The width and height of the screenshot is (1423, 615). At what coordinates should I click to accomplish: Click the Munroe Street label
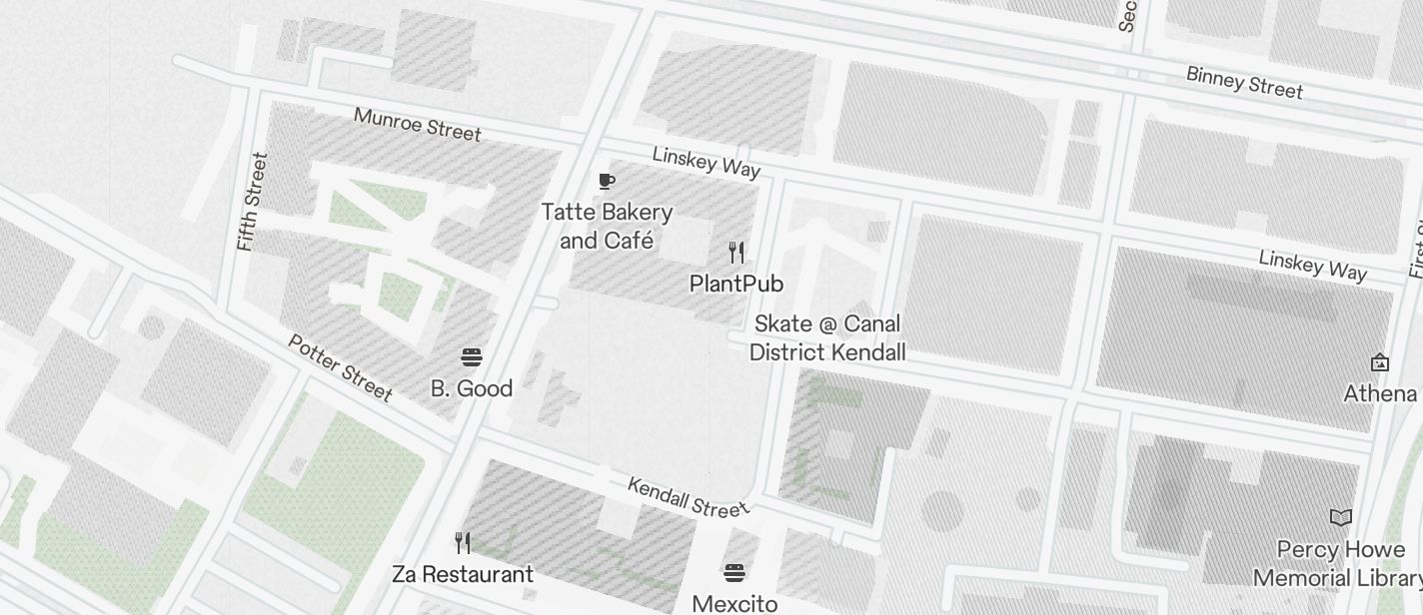click(417, 124)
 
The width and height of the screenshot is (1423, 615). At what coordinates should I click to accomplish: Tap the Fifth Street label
click(252, 202)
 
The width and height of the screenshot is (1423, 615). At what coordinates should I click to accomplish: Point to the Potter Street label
click(340, 366)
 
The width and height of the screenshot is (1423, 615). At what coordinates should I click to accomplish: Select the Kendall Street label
click(688, 496)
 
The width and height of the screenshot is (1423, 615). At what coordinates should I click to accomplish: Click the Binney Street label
click(1244, 82)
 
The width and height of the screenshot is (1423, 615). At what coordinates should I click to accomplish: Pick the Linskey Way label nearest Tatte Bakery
click(707, 162)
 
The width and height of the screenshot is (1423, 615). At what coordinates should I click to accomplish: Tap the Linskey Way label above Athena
click(1312, 265)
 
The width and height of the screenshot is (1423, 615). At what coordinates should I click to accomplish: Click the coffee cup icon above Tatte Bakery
click(607, 181)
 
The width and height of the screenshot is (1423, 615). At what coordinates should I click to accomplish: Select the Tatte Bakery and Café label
click(607, 227)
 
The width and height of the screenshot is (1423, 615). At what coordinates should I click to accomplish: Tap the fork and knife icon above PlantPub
click(736, 252)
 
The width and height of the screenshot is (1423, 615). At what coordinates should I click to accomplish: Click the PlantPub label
click(736, 284)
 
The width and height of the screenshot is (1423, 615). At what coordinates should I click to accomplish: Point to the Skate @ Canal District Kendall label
click(827, 337)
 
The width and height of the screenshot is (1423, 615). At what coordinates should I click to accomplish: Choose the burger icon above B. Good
click(472, 357)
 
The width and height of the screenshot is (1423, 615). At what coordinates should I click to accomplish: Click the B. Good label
click(472, 388)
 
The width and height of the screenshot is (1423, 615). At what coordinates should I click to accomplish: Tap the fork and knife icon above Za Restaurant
click(463, 543)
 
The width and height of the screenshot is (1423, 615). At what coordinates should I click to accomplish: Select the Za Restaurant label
click(463, 574)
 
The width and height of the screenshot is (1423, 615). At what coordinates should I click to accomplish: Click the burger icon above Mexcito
click(734, 572)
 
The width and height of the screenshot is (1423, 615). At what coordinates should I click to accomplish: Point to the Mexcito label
click(734, 603)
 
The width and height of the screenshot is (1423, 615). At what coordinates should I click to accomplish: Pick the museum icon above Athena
click(1380, 361)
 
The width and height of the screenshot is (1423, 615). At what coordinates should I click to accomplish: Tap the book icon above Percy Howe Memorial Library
click(1341, 517)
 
